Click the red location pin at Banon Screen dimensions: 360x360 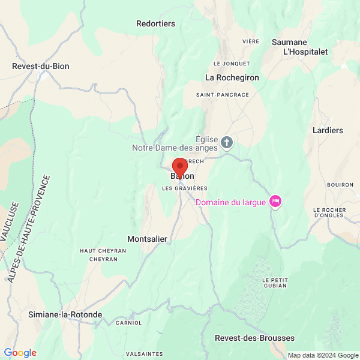pos(180,167)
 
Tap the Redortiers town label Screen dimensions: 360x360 pos(155,23)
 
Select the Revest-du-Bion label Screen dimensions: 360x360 pos(41,66)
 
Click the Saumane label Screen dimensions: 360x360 pos(289,42)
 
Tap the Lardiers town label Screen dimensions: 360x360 pos(328,130)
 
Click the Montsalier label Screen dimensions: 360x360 pos(147,239)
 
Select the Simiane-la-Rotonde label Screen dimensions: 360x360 pos(65,314)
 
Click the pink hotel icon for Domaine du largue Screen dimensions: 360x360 pos(275,200)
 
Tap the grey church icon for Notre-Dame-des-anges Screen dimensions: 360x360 pos(227,142)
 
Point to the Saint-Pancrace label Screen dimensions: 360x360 pos(222,95)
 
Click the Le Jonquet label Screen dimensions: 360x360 pos(231,63)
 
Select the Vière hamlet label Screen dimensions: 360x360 pos(250,41)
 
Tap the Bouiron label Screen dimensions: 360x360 pos(341,185)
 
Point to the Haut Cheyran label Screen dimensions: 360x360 pos(103,250)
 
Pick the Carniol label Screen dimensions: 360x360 pos(129,323)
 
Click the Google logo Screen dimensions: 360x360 pos(20,353)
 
